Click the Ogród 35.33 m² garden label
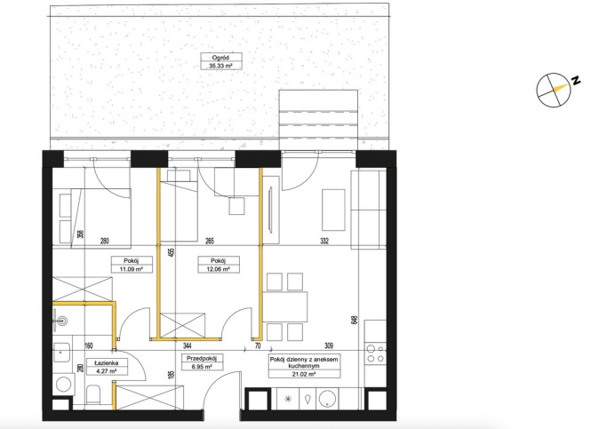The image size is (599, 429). (221, 61)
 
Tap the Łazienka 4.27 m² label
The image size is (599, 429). (107, 367)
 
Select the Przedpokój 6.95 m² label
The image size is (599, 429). (202, 362)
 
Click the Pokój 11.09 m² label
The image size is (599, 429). (132, 265)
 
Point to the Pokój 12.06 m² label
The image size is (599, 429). (219, 265)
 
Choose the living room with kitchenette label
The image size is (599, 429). (304, 367)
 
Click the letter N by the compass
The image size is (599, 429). (576, 81)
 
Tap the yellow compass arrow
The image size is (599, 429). (560, 88)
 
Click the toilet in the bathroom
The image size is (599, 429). (93, 394)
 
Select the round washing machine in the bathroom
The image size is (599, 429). (63, 384)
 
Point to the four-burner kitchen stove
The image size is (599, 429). (375, 354)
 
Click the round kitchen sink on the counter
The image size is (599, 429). (327, 399)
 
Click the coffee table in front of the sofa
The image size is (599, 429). (333, 210)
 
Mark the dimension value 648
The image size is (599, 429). (355, 320)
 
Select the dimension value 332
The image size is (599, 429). (324, 241)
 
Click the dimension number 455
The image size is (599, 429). (172, 252)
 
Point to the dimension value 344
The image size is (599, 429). (188, 346)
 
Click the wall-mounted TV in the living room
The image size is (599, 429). (271, 210)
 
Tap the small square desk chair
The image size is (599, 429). (236, 206)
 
